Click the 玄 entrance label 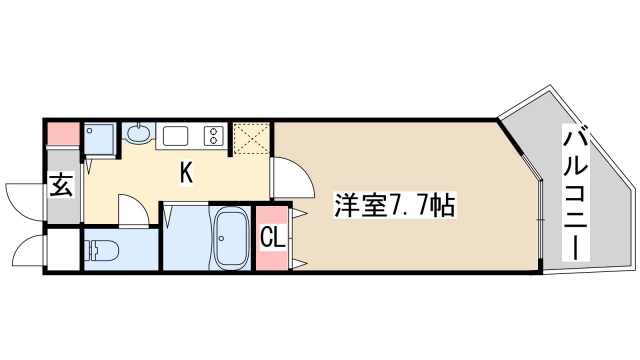61,185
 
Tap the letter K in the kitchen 186,173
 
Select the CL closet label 272,237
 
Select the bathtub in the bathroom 232,241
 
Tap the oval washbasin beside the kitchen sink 138,134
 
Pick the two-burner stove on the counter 213,135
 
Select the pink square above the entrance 62,132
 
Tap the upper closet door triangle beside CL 297,214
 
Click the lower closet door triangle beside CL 297,263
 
